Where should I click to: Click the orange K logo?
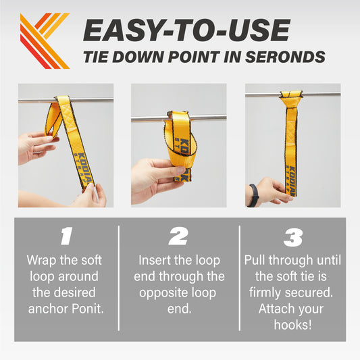pyautogui.click(x=45, y=41)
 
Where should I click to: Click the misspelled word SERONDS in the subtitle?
pyautogui.click(x=285, y=57)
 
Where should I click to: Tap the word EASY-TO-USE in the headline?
pyautogui.click(x=186, y=30)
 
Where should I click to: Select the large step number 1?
pyautogui.click(x=66, y=236)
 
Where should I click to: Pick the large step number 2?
pyautogui.click(x=178, y=236)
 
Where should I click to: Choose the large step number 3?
pyautogui.click(x=292, y=237)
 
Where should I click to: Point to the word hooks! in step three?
pyautogui.click(x=292, y=325)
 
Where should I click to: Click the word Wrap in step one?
pyautogui.click(x=41, y=261)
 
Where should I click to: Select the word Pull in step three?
pyautogui.click(x=255, y=260)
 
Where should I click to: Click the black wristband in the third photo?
pyautogui.click(x=254, y=195)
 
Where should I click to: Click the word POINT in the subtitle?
pyautogui.click(x=194, y=57)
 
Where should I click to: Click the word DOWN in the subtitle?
pyautogui.click(x=138, y=57)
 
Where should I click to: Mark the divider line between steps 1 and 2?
pyautogui.click(x=119, y=278)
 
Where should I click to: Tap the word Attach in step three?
pyautogui.click(x=274, y=309)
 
